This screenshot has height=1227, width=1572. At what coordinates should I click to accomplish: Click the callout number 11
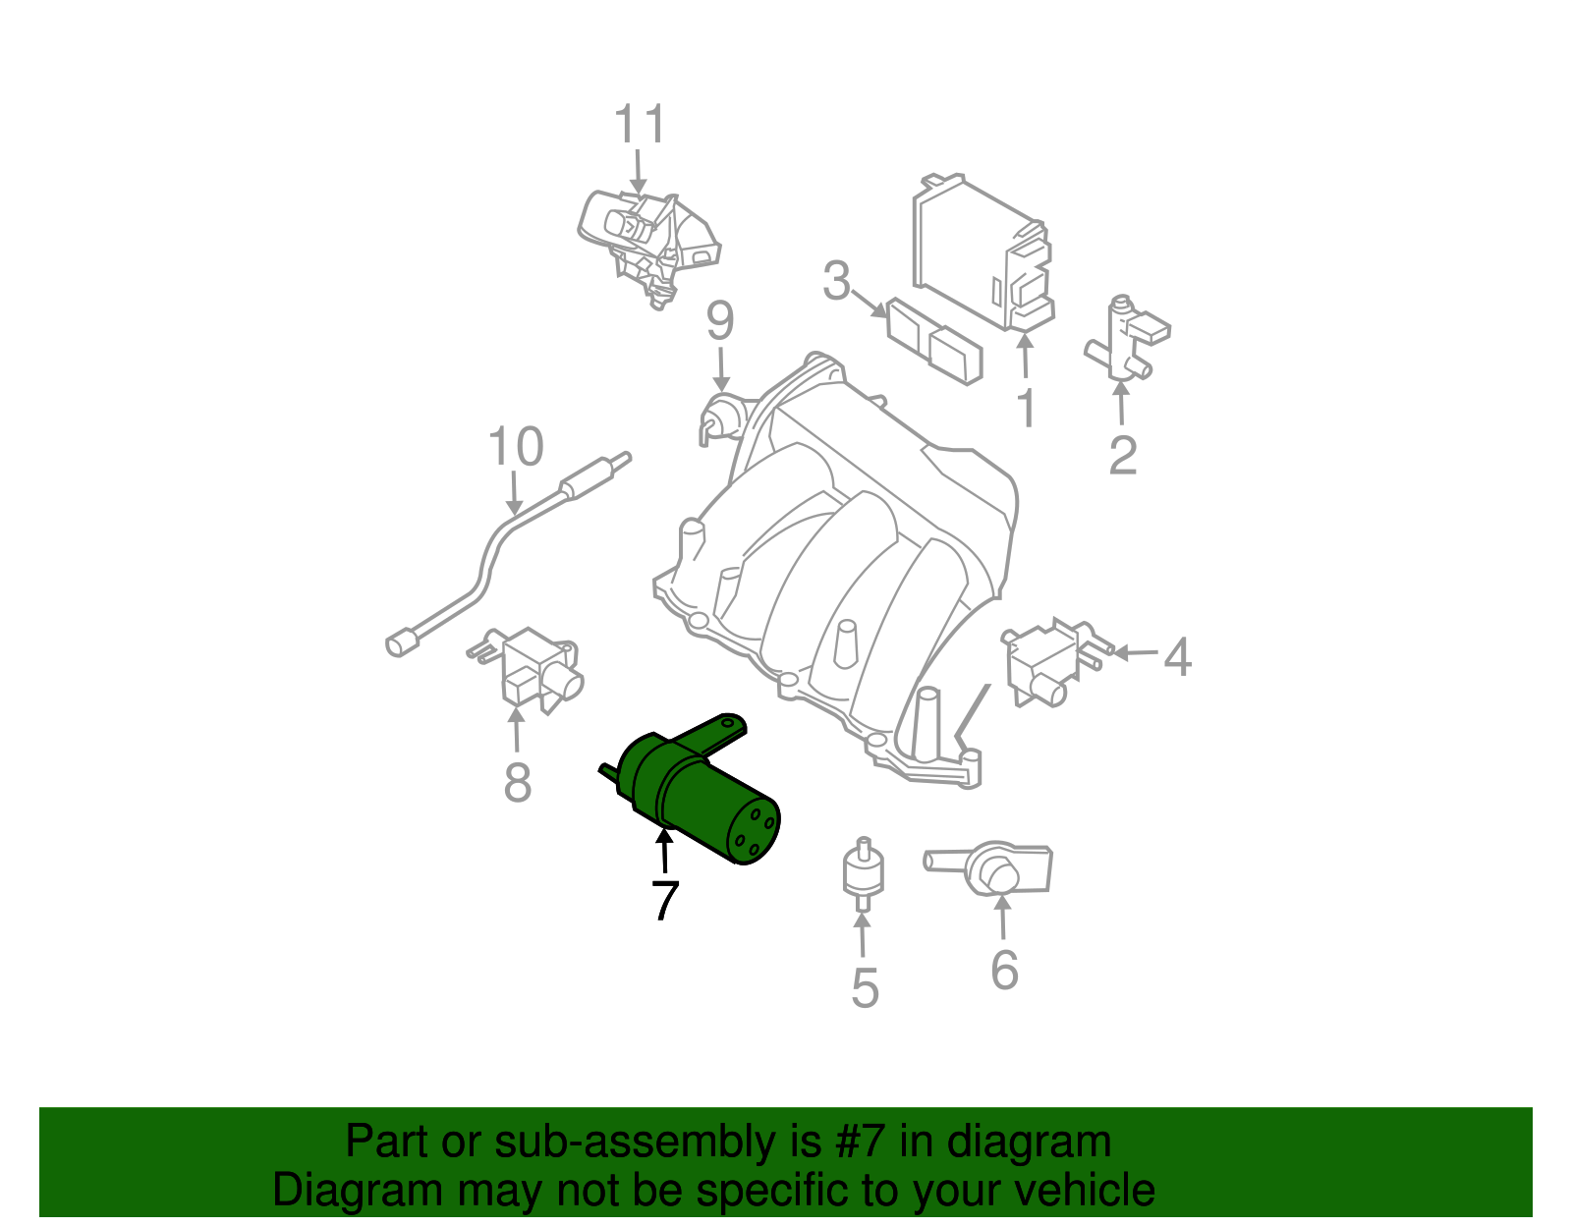tap(640, 125)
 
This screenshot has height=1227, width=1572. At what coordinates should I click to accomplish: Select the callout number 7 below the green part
tap(665, 900)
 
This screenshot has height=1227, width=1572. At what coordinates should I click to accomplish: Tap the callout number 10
tap(515, 447)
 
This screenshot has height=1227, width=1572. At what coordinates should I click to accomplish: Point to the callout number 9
tap(720, 321)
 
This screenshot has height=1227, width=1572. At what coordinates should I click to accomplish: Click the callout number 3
tap(836, 282)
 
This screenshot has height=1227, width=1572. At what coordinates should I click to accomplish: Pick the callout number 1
tap(1026, 409)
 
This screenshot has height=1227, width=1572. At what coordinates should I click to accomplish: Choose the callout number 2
tap(1122, 455)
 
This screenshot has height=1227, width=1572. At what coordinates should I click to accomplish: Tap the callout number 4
tap(1177, 656)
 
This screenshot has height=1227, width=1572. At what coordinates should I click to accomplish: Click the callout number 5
tap(864, 987)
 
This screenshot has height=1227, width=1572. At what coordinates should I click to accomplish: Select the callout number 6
tap(1004, 970)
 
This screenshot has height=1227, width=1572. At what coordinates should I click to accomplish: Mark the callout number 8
tap(517, 783)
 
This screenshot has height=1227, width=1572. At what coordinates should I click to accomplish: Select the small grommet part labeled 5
tap(864, 870)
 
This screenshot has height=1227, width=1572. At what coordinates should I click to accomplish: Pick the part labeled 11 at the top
tap(648, 241)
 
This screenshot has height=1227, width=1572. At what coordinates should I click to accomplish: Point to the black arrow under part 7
tap(665, 851)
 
